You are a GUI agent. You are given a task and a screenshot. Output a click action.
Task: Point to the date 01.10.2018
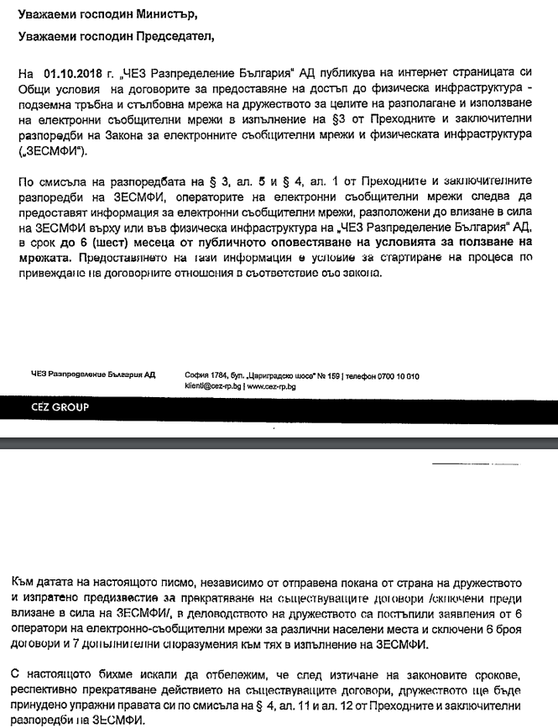point(73,74)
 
